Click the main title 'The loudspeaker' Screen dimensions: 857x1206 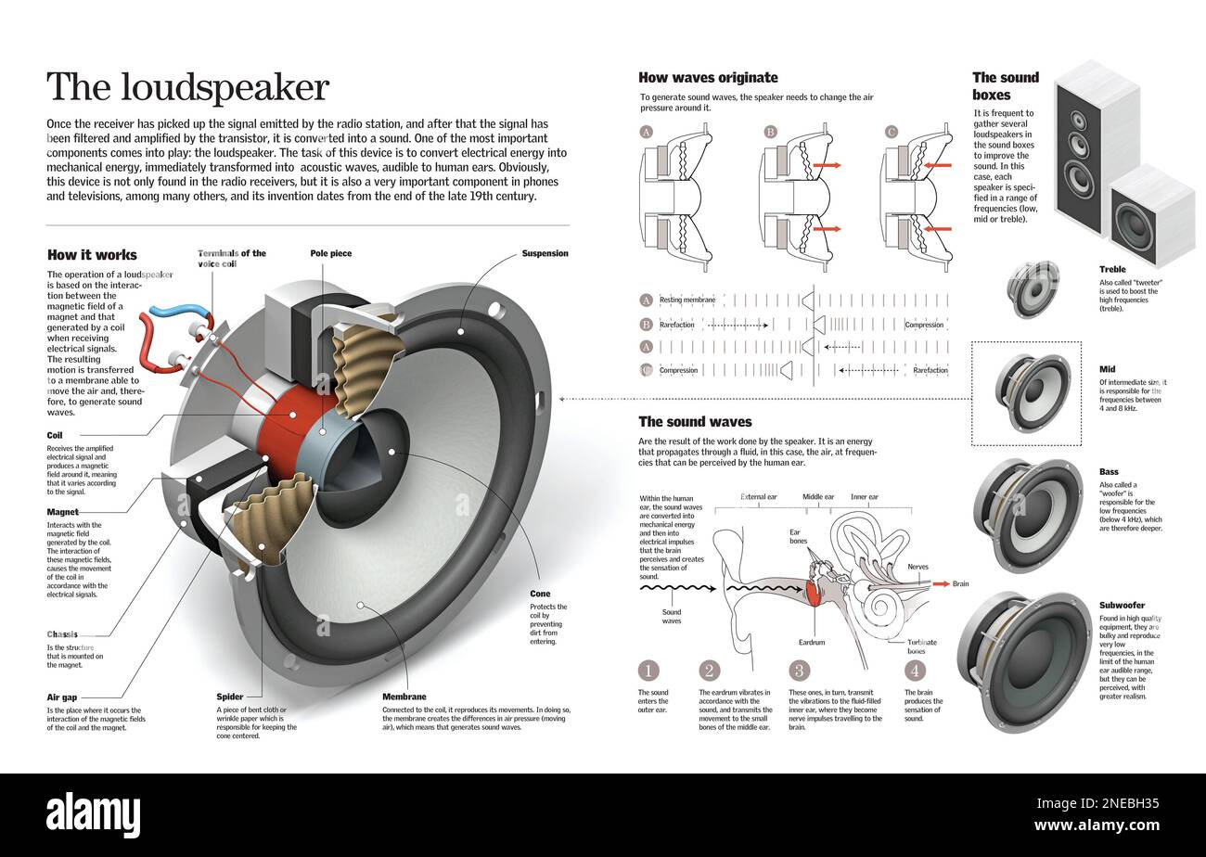(x=187, y=88)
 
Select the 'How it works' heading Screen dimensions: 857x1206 (x=92, y=255)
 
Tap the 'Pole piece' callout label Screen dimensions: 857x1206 (x=330, y=253)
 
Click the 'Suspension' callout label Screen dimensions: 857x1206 (x=545, y=253)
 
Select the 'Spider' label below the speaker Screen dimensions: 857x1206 (x=229, y=697)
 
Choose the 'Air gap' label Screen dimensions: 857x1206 (x=63, y=697)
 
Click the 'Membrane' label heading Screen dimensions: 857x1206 (x=404, y=697)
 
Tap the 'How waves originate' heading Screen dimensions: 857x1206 (x=708, y=78)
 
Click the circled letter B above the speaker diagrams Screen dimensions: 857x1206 (x=770, y=133)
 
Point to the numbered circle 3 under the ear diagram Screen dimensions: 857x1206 (x=799, y=671)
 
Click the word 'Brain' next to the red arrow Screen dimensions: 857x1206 (x=959, y=584)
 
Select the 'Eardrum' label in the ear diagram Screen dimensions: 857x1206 (x=811, y=642)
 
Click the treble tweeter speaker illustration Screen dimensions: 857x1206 (x=1033, y=288)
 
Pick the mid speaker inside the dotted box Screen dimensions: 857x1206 (x=1032, y=392)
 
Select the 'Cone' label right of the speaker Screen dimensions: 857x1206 (x=539, y=594)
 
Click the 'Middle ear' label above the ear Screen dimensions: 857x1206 (x=817, y=497)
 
